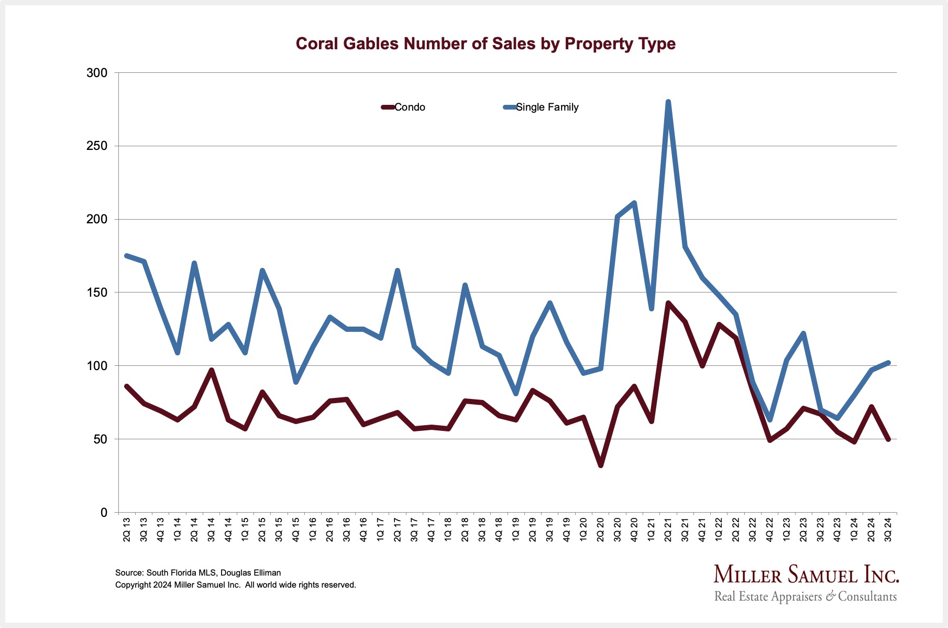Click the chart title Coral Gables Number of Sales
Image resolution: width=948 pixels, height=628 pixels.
(x=486, y=44)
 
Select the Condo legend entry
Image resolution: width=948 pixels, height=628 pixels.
(x=404, y=107)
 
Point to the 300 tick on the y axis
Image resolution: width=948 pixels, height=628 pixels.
(x=97, y=73)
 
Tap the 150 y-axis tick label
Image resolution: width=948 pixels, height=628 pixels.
(x=97, y=293)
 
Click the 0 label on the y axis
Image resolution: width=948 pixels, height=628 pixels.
(x=104, y=513)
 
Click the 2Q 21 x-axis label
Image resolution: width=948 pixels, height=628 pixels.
(x=668, y=529)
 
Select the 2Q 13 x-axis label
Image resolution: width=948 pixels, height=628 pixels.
(x=127, y=529)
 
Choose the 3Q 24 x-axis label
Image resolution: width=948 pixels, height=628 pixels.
(x=888, y=529)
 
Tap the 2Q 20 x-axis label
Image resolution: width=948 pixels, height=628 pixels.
(x=600, y=529)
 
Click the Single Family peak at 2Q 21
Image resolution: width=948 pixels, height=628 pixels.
(x=668, y=102)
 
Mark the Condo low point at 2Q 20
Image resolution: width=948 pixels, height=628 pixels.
(x=600, y=465)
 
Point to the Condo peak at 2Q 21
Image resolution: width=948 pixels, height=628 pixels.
(x=668, y=303)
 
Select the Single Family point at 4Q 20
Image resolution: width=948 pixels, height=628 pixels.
(x=634, y=203)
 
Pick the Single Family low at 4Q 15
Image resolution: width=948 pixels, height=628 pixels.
(x=296, y=382)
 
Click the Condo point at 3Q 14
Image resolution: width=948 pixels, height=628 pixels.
(x=212, y=370)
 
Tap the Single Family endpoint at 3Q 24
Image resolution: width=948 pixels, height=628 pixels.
(x=888, y=363)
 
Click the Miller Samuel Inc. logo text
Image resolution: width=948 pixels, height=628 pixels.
(x=806, y=575)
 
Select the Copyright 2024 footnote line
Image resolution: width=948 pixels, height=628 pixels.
(x=235, y=585)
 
